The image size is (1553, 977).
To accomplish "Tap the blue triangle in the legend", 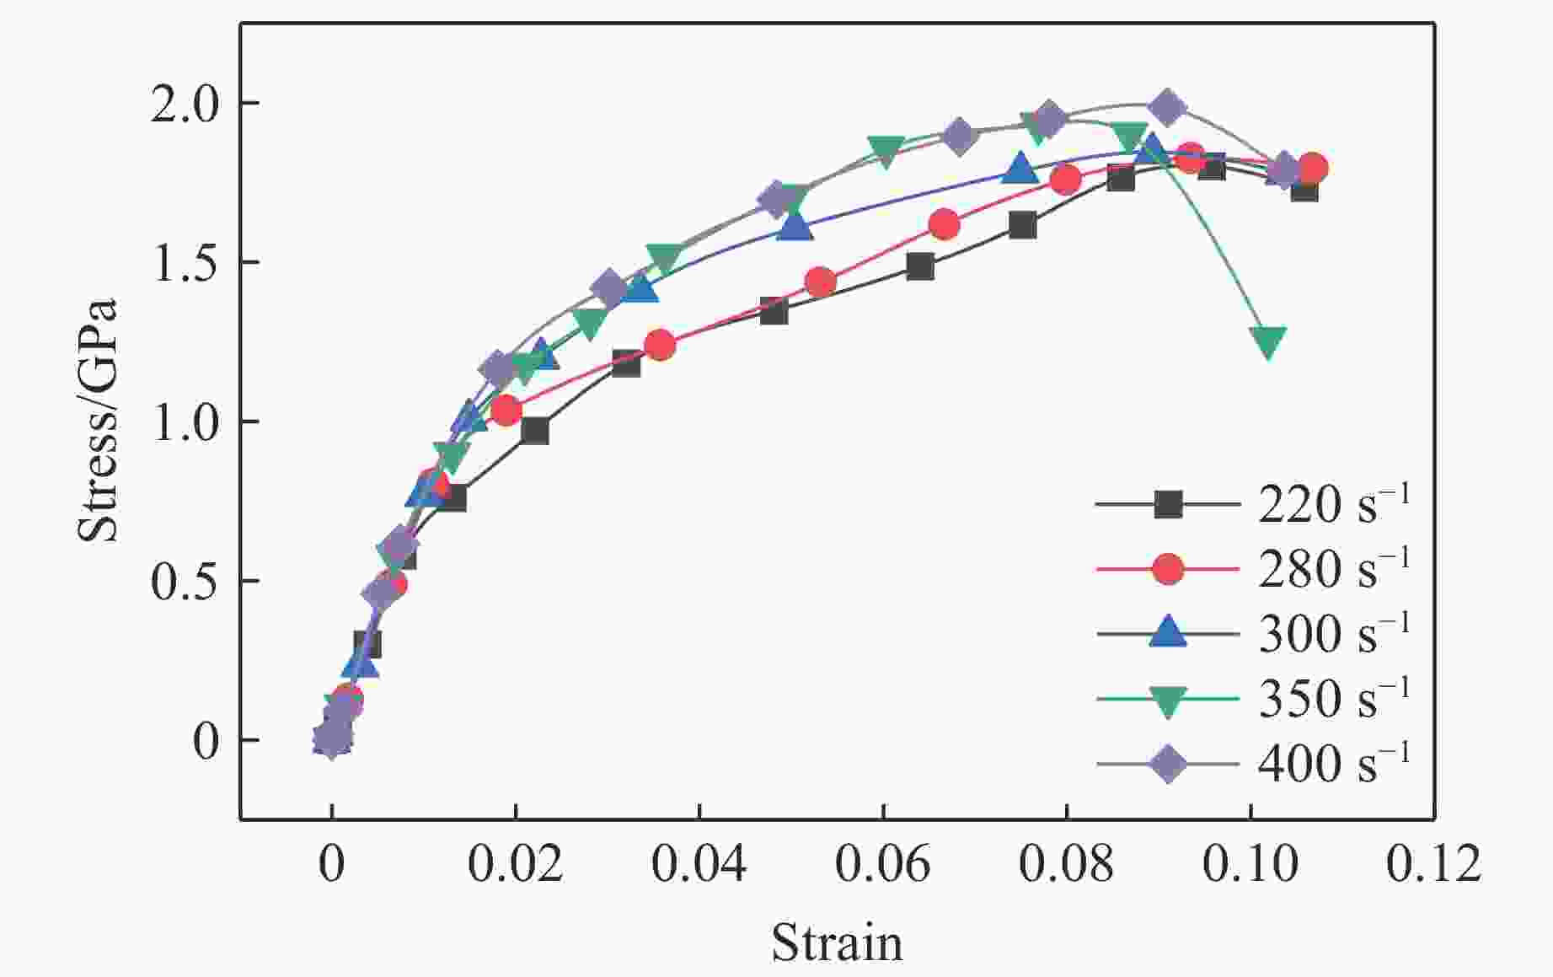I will pyautogui.click(x=1168, y=633).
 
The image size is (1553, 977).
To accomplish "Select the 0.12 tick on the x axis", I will pyautogui.click(x=1433, y=865).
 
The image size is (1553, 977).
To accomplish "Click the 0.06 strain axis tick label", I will pyautogui.click(x=882, y=865).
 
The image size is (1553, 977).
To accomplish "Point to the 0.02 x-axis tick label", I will pyautogui.click(x=515, y=865).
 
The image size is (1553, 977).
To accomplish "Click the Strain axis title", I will pyautogui.click(x=837, y=942).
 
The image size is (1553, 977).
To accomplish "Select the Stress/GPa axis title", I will pyautogui.click(x=98, y=421).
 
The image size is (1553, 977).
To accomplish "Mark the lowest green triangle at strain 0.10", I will pyautogui.click(x=1268, y=341).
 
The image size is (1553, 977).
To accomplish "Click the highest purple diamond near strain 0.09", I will pyautogui.click(x=1167, y=107).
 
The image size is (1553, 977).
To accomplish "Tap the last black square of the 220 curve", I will pyautogui.click(x=1304, y=189).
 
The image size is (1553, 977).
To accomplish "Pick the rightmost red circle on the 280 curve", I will pyautogui.click(x=1312, y=168).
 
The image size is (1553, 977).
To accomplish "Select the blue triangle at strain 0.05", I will pyautogui.click(x=795, y=225).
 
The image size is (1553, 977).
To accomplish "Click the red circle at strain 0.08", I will pyautogui.click(x=1065, y=179).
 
